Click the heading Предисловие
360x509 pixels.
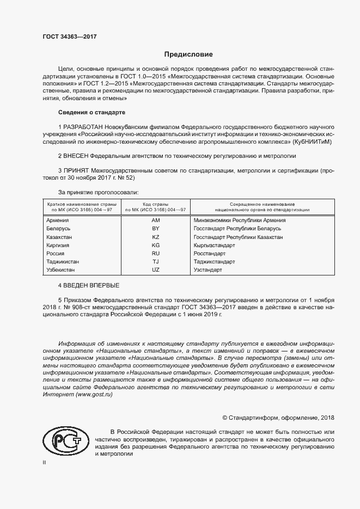[189, 54]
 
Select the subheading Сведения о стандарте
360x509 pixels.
[91, 112]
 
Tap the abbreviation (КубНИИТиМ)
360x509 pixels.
[306, 142]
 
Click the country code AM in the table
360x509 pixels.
[156, 220]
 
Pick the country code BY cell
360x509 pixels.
[156, 229]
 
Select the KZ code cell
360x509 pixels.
[156, 237]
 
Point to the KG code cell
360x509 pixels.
[156, 246]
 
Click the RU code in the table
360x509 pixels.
[156, 254]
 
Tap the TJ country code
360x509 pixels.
[156, 262]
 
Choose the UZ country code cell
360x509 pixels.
[156, 270]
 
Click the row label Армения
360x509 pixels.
[58, 220]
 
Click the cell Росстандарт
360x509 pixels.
[210, 254]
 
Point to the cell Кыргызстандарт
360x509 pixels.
[215, 246]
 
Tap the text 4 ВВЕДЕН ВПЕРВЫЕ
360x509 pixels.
[88, 286]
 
